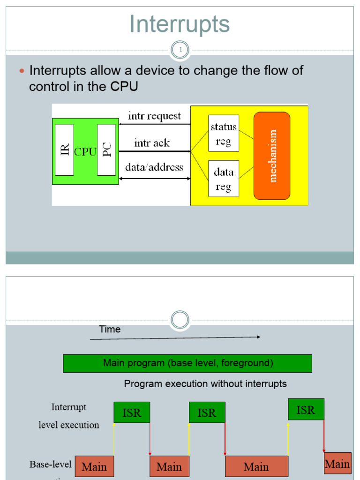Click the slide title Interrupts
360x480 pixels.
pos(180,24)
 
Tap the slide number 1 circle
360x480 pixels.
pos(180,50)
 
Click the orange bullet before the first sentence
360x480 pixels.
pos(21,71)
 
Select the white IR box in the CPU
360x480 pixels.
pos(64,150)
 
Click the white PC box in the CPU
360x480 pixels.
pos(106,150)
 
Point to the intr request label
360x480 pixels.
pos(154,116)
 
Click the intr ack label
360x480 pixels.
pos(152,143)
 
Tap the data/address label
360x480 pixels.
pos(154,167)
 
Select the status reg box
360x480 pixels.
pos(224,134)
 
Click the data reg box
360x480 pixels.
pos(224,179)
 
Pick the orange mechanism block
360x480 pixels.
pos(272,156)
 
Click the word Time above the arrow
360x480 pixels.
pos(110,330)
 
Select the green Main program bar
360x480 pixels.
pos(187,363)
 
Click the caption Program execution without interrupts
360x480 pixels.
pos(205,384)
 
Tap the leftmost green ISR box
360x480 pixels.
pos(132,412)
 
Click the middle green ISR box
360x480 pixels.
pos(207,412)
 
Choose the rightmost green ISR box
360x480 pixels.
pos(306,410)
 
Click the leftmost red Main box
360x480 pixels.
pos(94,467)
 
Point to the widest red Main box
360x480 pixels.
pos(256,467)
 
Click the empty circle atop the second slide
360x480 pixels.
pos(180,320)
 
